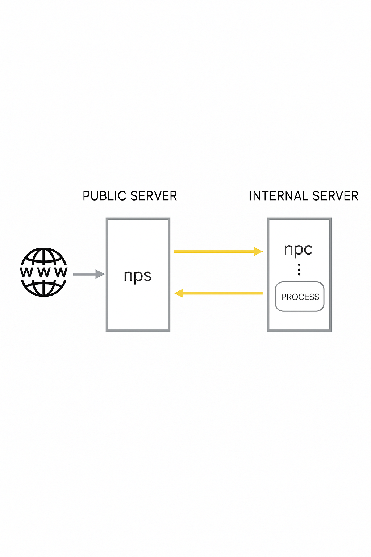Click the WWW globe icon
43,272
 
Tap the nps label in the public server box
137,276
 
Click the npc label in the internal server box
298,249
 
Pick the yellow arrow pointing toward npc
217,251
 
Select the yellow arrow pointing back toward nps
219,293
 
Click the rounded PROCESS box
300,297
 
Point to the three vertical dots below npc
299,269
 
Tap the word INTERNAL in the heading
279,196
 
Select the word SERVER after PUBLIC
154,196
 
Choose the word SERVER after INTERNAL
335,196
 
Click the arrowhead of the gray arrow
100,274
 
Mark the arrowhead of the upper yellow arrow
258,251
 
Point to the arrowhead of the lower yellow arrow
179,293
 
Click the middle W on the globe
43,272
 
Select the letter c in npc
308,249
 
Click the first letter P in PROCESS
284,297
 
